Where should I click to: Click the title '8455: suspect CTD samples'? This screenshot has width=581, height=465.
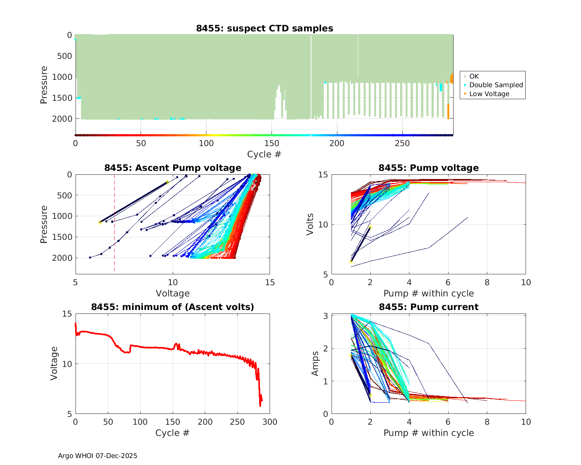tap(264, 28)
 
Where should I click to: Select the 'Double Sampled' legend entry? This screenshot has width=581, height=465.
tap(496, 85)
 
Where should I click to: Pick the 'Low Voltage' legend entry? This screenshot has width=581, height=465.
tap(489, 94)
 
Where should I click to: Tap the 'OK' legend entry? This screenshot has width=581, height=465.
tap(474, 76)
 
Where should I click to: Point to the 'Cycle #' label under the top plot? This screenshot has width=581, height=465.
tap(264, 154)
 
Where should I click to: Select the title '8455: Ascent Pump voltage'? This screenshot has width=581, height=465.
tap(173, 168)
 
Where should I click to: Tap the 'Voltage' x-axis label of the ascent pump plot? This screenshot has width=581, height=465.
tap(173, 293)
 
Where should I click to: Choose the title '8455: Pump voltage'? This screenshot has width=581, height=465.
tap(428, 168)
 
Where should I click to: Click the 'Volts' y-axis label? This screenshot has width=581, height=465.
tap(310, 225)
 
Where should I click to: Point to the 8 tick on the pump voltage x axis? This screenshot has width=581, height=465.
tap(487, 282)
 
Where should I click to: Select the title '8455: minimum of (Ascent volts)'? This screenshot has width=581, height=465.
tap(173, 307)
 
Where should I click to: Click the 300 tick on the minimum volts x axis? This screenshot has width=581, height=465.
tap(270, 422)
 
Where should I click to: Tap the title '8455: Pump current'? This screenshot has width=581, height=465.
tap(428, 307)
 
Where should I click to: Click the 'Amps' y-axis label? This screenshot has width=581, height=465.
tap(315, 363)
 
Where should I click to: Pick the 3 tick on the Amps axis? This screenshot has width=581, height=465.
tap(326, 316)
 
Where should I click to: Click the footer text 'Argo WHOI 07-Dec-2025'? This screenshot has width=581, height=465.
tap(98, 456)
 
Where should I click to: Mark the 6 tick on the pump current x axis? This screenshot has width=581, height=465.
tap(448, 422)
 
